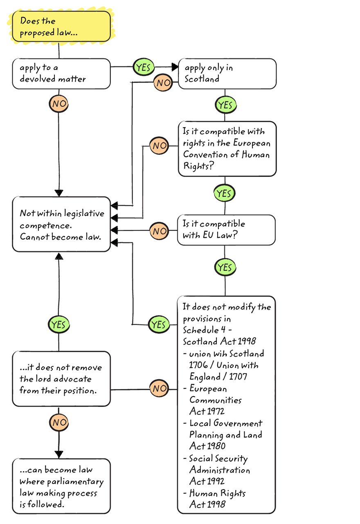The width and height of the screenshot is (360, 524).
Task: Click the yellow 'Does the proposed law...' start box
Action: tap(61, 27)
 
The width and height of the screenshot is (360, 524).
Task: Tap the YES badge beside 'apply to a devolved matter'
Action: tap(143, 67)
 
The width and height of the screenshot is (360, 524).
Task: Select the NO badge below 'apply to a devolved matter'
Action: tap(59, 104)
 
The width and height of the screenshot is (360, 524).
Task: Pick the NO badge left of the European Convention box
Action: tap(160, 146)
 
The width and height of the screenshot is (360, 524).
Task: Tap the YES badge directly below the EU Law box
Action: tap(225, 268)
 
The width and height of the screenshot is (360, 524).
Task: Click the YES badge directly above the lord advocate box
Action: tap(59, 325)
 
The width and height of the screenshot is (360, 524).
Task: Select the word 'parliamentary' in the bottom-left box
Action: tap(76, 481)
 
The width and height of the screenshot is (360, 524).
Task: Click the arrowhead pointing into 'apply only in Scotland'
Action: tap(175, 67)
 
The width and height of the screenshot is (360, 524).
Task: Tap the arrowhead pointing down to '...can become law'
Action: tap(59, 454)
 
